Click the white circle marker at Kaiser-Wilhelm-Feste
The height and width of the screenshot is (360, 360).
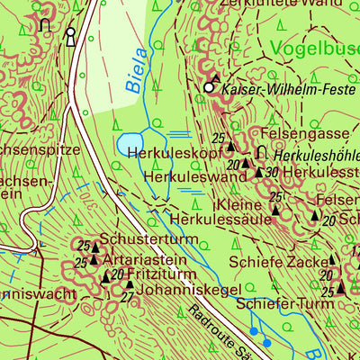point(210,88)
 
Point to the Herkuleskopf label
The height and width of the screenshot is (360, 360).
point(168,155)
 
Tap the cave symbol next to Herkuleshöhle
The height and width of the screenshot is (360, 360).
point(262,151)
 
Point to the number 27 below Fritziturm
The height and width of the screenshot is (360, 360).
point(127,297)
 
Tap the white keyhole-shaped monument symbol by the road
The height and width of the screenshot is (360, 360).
point(70,36)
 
